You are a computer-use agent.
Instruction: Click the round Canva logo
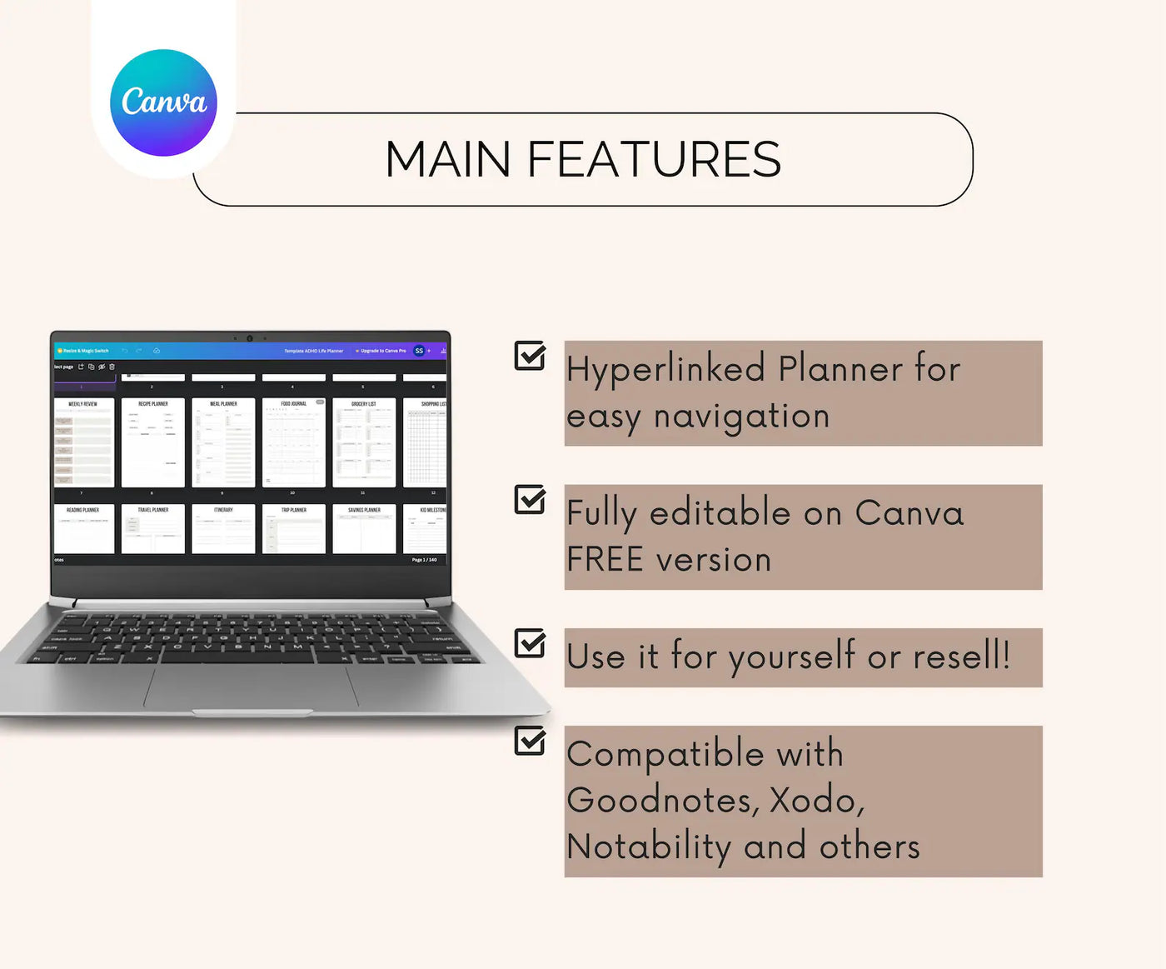163,102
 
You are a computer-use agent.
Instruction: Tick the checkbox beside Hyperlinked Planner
530,356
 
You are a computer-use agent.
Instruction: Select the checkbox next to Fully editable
530,500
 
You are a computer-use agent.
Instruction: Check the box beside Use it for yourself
530,643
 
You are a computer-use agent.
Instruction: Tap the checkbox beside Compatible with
530,740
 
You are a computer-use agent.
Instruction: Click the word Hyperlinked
665,369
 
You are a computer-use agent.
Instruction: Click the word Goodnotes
662,800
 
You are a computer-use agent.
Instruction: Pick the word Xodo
815,800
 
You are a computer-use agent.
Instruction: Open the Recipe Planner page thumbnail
153,442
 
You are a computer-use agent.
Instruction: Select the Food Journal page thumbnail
293,442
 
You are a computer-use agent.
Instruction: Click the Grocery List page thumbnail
364,442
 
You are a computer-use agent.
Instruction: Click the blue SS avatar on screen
419,351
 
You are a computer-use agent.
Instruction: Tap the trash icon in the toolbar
112,367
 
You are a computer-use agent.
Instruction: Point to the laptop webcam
249,338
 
